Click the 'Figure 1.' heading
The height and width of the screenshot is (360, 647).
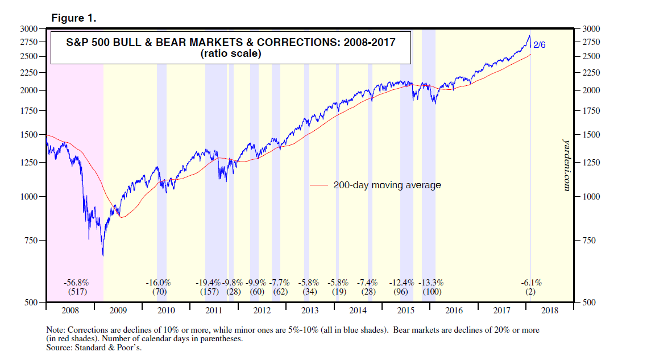[x=74, y=18]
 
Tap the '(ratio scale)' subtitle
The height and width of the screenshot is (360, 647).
[x=230, y=55]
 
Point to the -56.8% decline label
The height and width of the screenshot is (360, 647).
[x=76, y=283]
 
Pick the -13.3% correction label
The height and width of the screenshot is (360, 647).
[x=431, y=283]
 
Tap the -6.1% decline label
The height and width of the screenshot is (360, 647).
[x=532, y=283]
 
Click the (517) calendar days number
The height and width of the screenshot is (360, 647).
[x=76, y=292]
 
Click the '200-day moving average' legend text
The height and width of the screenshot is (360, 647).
[x=387, y=185]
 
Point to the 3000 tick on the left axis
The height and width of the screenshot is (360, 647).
[x=29, y=28]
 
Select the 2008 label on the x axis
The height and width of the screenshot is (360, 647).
[x=69, y=311]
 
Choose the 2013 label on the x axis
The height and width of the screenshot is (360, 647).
[x=310, y=311]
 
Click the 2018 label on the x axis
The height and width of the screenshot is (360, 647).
[x=550, y=311]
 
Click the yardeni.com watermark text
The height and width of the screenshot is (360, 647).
[x=566, y=164]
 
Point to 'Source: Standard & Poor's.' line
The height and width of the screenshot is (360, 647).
[x=94, y=347]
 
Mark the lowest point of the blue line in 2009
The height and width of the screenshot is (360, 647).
[x=103, y=256]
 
